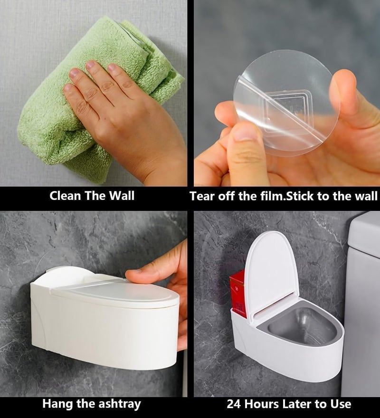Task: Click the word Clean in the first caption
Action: point(66,196)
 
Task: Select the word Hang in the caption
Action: point(57,404)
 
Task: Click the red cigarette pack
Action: point(237,292)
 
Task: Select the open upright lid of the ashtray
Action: point(271,271)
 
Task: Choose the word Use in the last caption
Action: point(340,404)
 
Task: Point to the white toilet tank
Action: point(363,294)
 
